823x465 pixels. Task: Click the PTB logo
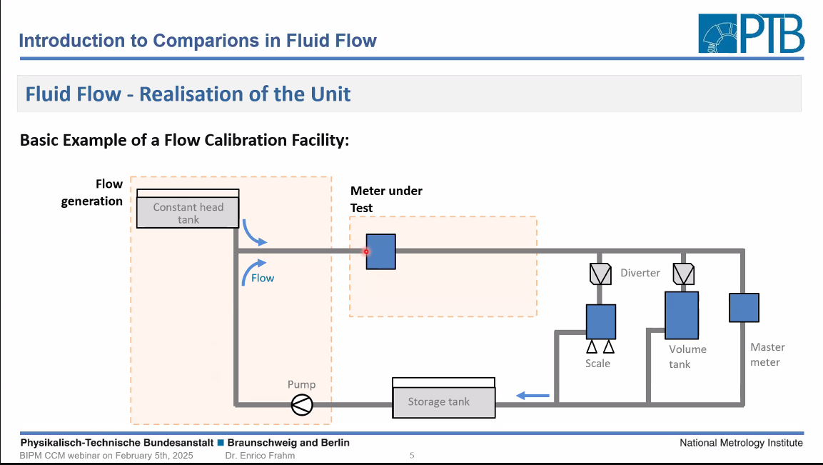point(751,34)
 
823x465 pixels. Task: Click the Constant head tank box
point(188,209)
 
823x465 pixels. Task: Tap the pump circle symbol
point(302,404)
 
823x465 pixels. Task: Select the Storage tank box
point(443,398)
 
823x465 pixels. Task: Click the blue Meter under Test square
point(381,251)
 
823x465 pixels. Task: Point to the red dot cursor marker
point(366,251)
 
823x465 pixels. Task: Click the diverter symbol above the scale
point(600,274)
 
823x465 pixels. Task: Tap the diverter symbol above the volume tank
point(683,274)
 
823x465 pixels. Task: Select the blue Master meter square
point(744,307)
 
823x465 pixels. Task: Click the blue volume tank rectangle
point(682,315)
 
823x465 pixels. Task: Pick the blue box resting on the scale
point(601,321)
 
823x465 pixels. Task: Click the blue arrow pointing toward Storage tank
point(532,396)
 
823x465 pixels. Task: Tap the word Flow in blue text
point(263,278)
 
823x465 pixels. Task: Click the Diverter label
point(640,273)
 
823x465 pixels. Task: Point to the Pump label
point(301,384)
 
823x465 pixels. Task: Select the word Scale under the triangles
point(598,364)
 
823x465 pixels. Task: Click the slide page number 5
point(412,456)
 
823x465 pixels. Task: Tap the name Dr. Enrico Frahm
point(260,456)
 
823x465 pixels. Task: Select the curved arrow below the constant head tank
point(253,234)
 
